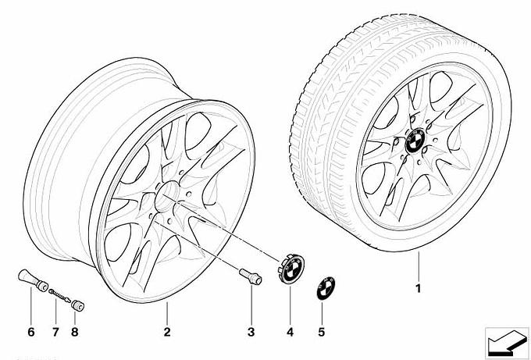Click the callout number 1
tap(419, 288)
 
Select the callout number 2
tap(167, 332)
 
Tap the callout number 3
tap(251, 332)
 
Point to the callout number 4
tap(290, 332)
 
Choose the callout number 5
tap(322, 332)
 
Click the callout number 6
tap(30, 332)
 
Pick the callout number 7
tap(55, 332)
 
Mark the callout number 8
tap(75, 332)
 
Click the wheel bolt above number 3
tap(251, 276)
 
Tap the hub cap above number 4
tap(291, 269)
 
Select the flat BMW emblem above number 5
tap(326, 288)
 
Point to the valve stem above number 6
tap(33, 280)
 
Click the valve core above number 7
tap(59, 296)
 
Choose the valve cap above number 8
tap(78, 305)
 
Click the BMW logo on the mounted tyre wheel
tap(415, 141)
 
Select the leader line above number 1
tap(419, 266)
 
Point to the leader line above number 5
tap(322, 312)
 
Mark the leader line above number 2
tap(167, 313)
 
